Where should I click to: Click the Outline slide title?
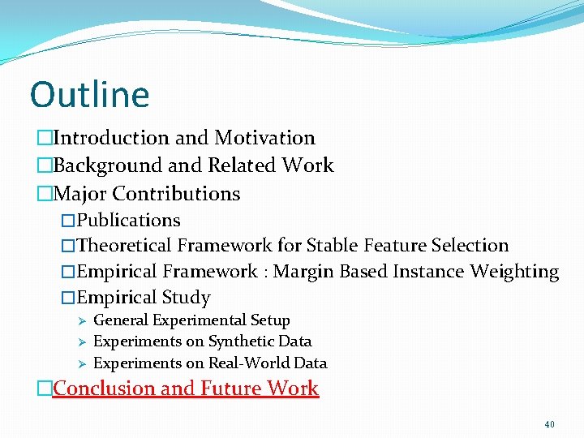pyautogui.click(x=89, y=94)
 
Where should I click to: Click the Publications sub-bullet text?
pyautogui.click(x=128, y=221)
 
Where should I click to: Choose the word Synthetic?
pyautogui.click(x=240, y=341)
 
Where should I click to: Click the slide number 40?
pyautogui.click(x=550, y=424)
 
